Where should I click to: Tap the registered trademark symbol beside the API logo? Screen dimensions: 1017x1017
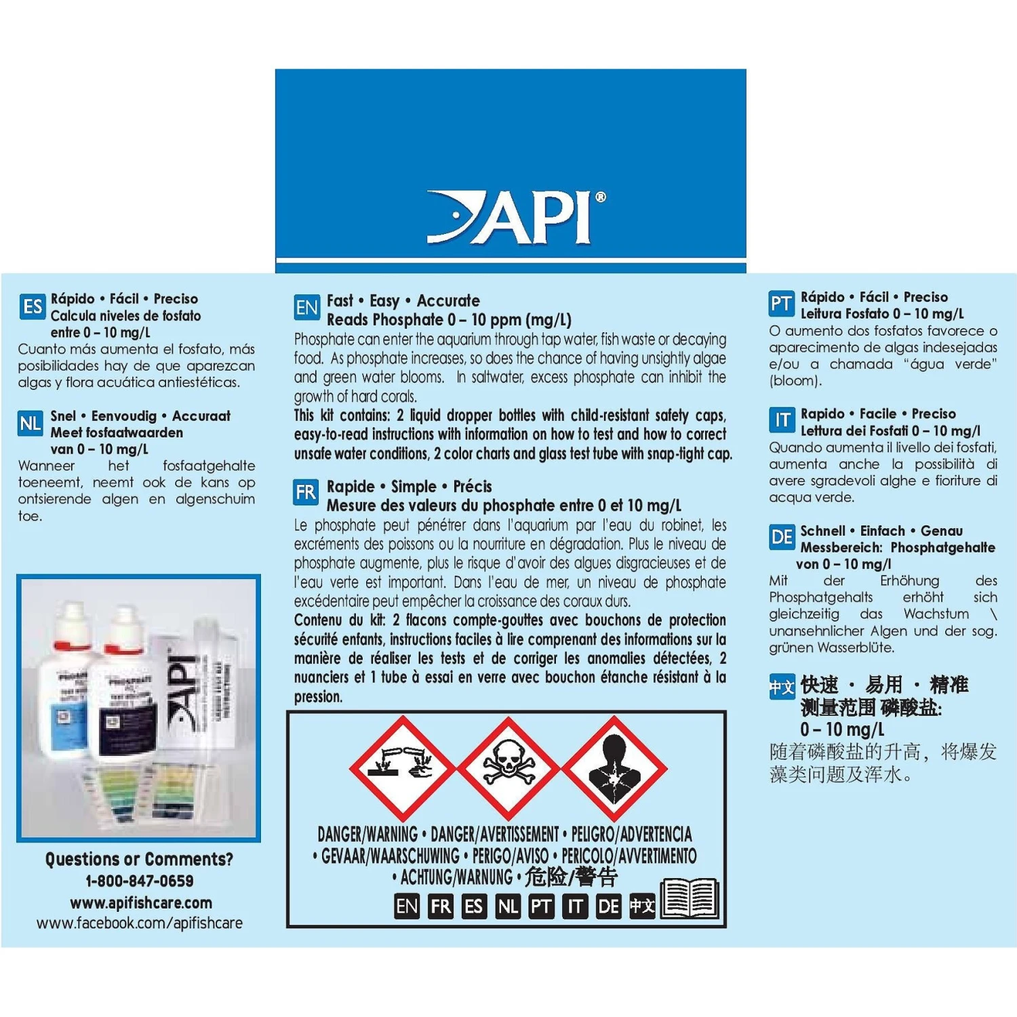600,197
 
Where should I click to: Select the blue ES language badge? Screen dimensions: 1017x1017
33,307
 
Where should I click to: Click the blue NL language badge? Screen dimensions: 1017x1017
31,424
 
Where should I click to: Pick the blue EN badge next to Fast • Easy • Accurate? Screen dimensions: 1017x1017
306,308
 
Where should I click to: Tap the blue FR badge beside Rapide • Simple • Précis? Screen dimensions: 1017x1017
306,492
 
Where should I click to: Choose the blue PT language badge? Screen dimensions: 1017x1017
781,304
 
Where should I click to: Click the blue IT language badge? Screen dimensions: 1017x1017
782,420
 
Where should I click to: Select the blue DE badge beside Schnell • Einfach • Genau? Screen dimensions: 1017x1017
782,538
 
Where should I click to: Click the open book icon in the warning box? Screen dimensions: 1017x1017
690,899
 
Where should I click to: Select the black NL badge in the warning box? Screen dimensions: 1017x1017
508,906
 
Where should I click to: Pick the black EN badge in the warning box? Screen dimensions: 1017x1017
407,906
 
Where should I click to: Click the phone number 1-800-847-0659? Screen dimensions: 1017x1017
139,881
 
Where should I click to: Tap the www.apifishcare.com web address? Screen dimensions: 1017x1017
140,902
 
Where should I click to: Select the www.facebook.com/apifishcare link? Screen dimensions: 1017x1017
139,923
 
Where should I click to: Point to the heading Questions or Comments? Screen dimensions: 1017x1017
139,859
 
